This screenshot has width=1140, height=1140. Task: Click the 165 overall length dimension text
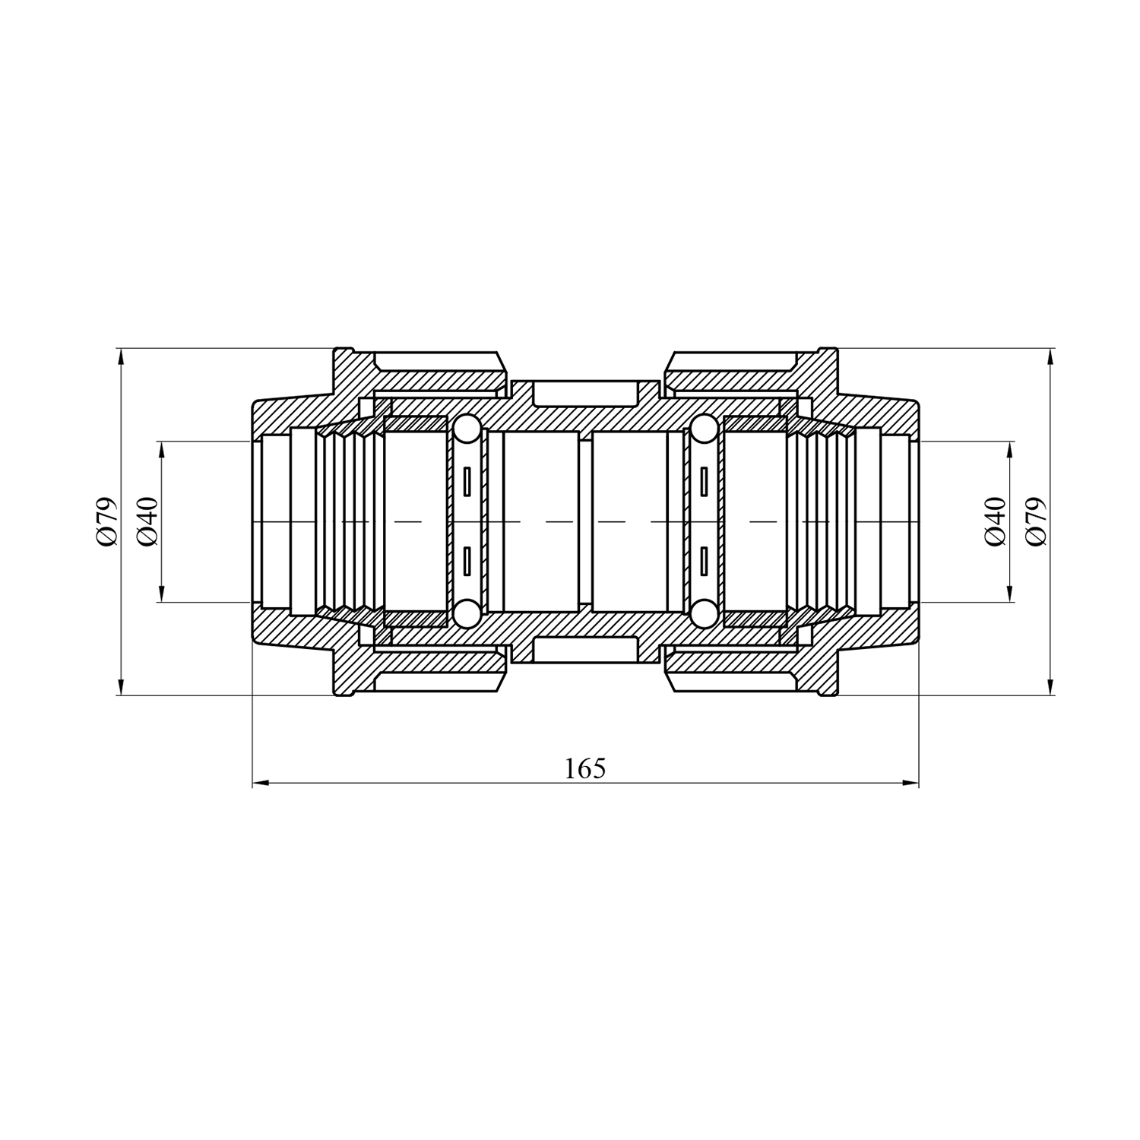[x=585, y=769]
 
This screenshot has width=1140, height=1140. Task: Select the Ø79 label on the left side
[x=107, y=521]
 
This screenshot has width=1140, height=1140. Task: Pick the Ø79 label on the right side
[x=1036, y=521]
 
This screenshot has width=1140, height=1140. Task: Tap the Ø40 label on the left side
[x=147, y=521]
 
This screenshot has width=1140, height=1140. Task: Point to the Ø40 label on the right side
[x=995, y=521]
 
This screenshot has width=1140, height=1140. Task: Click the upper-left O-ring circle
[x=465, y=429]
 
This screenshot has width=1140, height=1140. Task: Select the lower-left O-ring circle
[x=465, y=613]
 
